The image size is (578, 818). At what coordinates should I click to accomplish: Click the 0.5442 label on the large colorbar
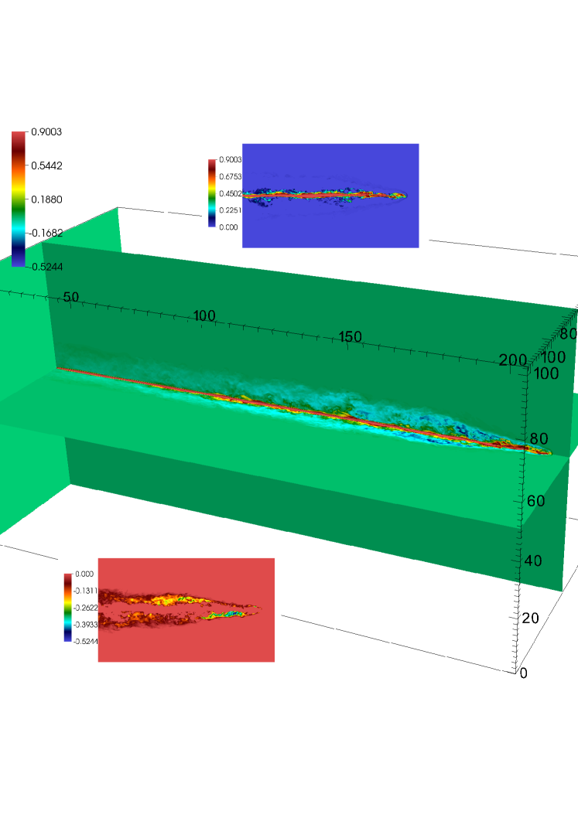tap(46, 166)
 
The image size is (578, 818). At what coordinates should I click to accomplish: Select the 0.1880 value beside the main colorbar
tap(46, 199)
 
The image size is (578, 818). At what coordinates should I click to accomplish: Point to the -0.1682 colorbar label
tap(45, 233)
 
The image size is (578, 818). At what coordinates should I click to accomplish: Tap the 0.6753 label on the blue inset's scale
tap(231, 176)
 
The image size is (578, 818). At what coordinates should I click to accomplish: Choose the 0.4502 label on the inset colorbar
tap(231, 193)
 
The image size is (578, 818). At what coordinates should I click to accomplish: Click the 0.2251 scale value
tap(231, 210)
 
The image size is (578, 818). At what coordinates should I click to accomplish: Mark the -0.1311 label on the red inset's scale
tap(86, 591)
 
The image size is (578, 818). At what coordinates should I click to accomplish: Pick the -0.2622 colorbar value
tap(86, 608)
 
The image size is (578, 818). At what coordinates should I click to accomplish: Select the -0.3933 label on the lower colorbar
tap(86, 625)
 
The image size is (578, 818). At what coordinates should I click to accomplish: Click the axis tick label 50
tap(71, 297)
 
